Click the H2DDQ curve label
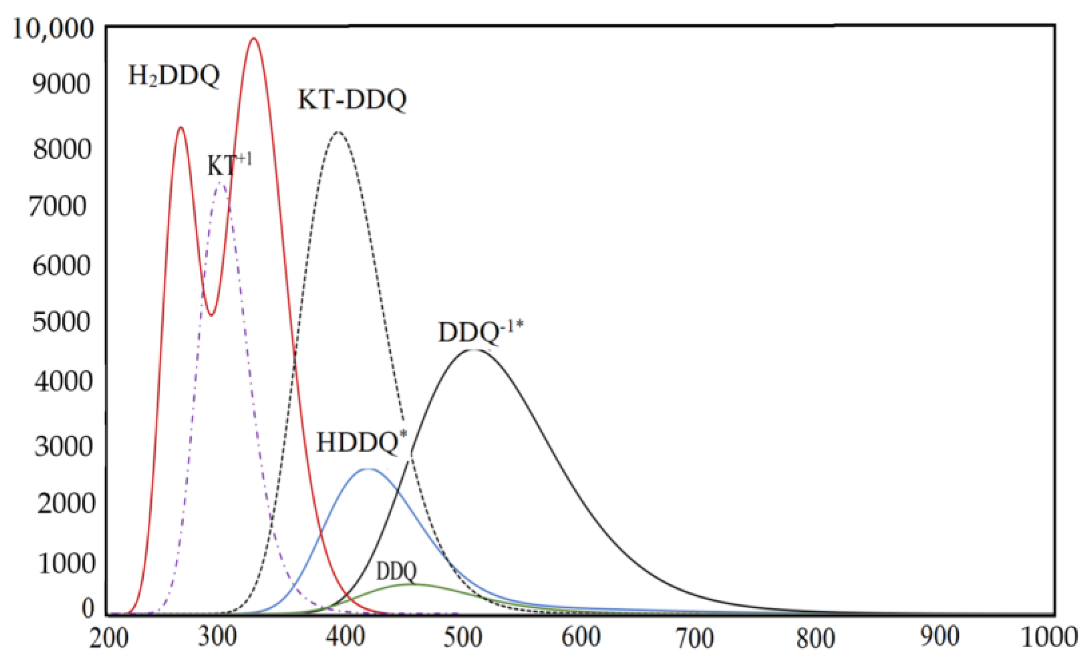(174, 76)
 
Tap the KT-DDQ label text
(352, 100)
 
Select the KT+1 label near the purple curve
(229, 165)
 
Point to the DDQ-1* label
(481, 332)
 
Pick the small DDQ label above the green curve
(396, 571)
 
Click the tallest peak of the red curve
(254, 39)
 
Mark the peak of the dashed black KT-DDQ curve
(338, 132)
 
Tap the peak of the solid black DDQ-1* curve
(474, 350)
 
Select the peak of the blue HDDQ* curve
(368, 469)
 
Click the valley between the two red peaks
(212, 315)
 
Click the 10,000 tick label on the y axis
(53, 30)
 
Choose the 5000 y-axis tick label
(61, 322)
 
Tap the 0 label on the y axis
(88, 608)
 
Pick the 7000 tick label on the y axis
(58, 206)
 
